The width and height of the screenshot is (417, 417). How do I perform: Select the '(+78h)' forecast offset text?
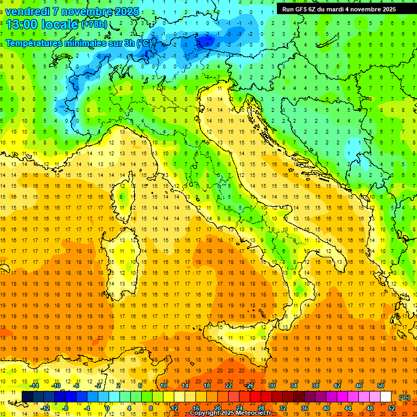pyautogui.click(x=94, y=24)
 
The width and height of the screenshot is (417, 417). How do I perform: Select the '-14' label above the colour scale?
pyautogui.click(x=34, y=386)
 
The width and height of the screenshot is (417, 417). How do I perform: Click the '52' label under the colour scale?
pyautogui.click(x=391, y=408)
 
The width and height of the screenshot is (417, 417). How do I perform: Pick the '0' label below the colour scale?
pyautogui.click(x=108, y=408)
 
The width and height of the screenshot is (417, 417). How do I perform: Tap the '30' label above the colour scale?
pyautogui.click(x=271, y=386)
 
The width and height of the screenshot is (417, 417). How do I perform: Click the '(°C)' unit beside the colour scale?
pyautogui.click(x=405, y=397)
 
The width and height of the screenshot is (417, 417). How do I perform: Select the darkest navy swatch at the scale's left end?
pyautogui.click(x=27, y=397)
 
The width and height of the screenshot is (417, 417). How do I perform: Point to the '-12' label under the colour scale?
pyautogui.click(x=45, y=408)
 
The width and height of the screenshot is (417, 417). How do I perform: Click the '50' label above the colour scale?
pyautogui.click(x=381, y=386)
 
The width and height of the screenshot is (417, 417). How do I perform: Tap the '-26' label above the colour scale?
pyautogui.click(x=249, y=386)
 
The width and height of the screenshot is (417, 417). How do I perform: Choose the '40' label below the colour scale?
pyautogui.click(x=326, y=408)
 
